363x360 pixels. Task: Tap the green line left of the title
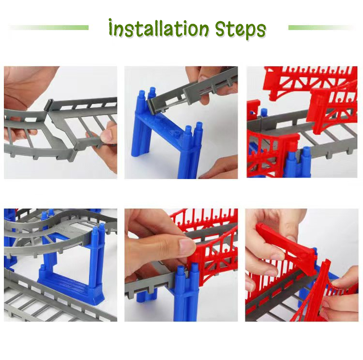click(x=48, y=28)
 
